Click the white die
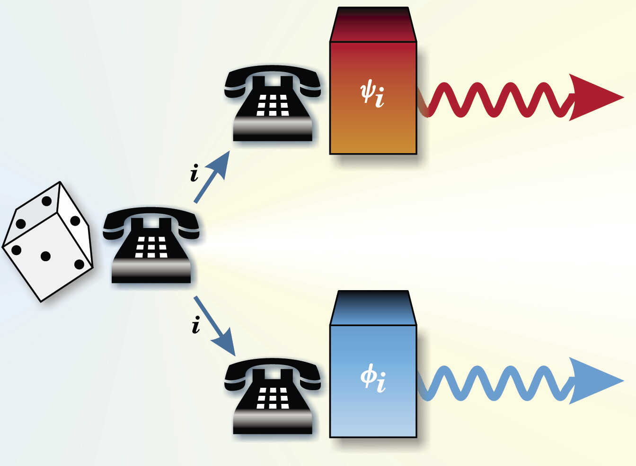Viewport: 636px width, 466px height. pyautogui.click(x=48, y=242)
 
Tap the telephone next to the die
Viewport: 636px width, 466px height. pyautogui.click(x=151, y=245)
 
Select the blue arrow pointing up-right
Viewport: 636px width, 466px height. pyautogui.click(x=212, y=177)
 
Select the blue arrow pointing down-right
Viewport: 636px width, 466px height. pyautogui.click(x=215, y=326)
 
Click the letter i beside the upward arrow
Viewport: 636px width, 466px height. pyautogui.click(x=194, y=173)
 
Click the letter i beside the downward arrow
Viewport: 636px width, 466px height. pyautogui.click(x=195, y=325)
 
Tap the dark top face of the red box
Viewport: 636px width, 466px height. pyautogui.click(x=373, y=25)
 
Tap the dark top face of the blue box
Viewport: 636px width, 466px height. pyautogui.click(x=373, y=308)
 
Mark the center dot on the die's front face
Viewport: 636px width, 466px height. pyautogui.click(x=45, y=256)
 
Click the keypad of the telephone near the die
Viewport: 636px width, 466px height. pyautogui.click(x=151, y=247)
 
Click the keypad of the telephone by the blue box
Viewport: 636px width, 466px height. pyautogui.click(x=273, y=398)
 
